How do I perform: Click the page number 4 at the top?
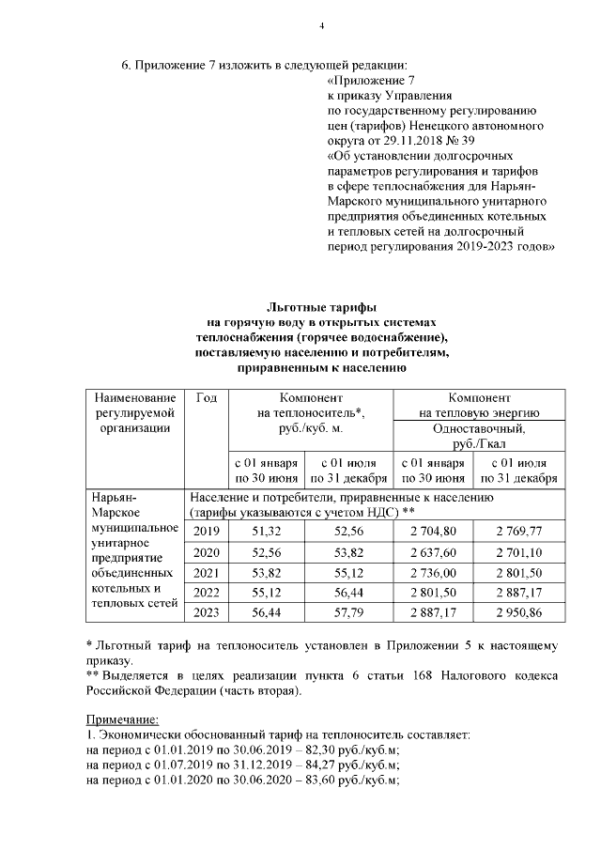click(321, 25)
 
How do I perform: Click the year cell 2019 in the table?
click(206, 531)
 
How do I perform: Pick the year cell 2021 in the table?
click(206, 572)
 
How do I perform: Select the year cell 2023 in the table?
click(206, 612)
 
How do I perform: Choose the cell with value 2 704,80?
click(436, 531)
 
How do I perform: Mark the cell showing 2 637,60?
click(436, 551)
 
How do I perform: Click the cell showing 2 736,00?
click(436, 572)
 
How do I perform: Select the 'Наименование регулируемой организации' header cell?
click(133, 413)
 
